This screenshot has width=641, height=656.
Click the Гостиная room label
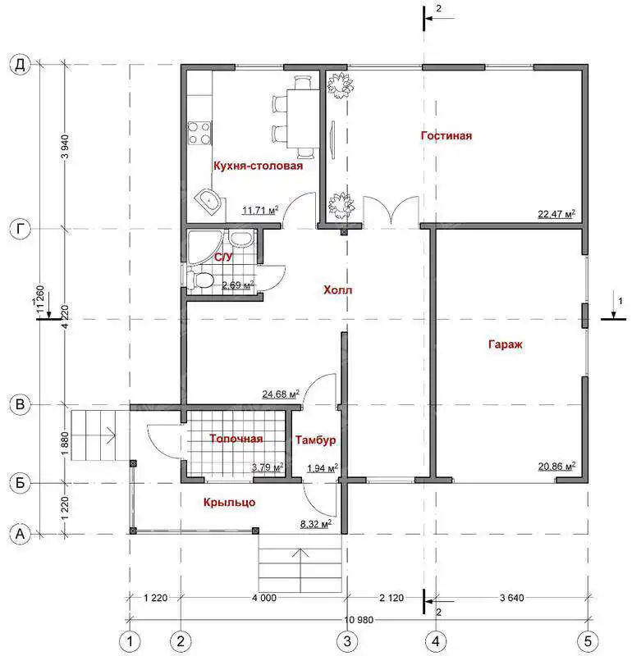[x=446, y=135]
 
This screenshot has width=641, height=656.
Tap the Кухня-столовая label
[x=258, y=166]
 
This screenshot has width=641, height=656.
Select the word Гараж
[x=506, y=344]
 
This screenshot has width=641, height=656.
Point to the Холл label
[x=337, y=289]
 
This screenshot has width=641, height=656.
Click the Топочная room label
[x=236, y=439]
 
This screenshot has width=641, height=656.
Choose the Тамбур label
[x=315, y=440]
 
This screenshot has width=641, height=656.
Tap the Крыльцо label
[x=230, y=502]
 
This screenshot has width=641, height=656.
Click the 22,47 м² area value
[x=556, y=214]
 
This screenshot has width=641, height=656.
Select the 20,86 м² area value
[x=556, y=466]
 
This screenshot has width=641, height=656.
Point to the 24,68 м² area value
[x=281, y=394]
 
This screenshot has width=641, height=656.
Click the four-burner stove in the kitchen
[x=199, y=133]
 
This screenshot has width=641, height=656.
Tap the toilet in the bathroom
[x=200, y=280]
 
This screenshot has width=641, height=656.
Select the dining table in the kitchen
[x=303, y=118]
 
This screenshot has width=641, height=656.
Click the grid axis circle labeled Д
[x=20, y=65]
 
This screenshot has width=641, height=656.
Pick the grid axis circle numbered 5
[x=588, y=641]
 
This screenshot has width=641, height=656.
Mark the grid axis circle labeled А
[x=20, y=535]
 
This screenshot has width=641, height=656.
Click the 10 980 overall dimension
[x=359, y=620]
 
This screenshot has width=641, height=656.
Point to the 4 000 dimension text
[x=264, y=598]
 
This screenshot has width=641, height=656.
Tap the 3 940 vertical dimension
[x=66, y=147]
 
